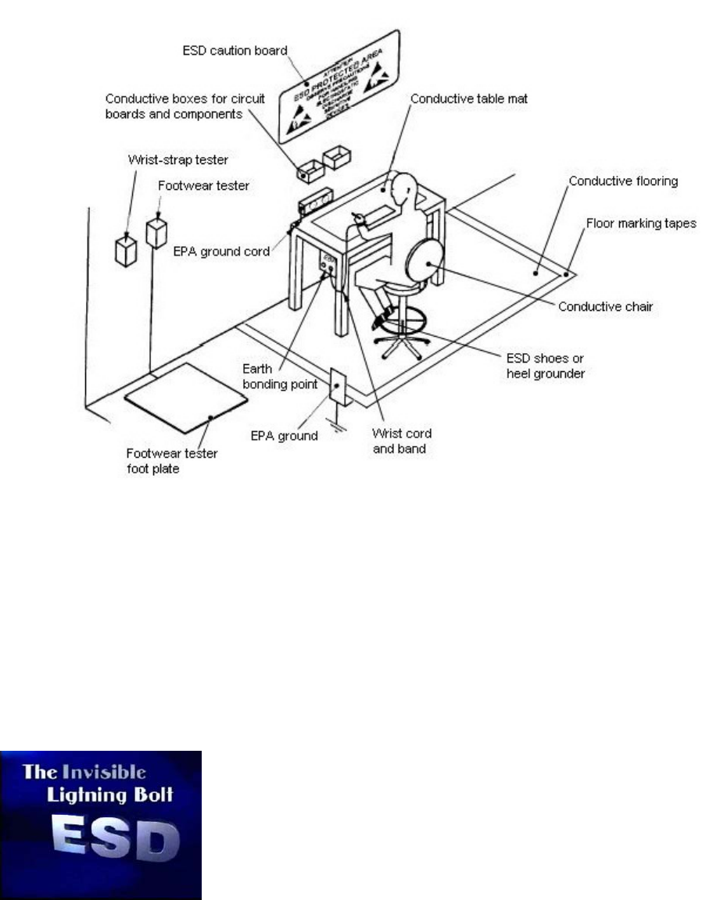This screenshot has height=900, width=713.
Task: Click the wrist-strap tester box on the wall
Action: [126, 251]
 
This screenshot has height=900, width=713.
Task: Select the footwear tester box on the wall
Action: [156, 233]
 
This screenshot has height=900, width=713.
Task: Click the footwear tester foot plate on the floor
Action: [187, 397]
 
